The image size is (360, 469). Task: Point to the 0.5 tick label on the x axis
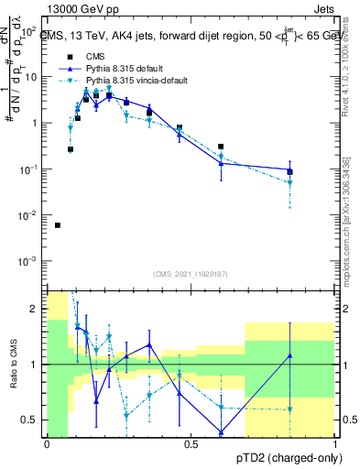point(191,444)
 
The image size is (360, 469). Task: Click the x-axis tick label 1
point(336,444)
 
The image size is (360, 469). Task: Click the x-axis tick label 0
point(47,444)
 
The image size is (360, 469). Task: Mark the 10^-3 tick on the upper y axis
point(31,262)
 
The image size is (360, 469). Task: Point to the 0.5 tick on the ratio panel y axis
point(33,420)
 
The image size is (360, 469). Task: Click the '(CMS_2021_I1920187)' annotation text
point(191,274)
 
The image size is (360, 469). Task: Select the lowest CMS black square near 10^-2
point(58,225)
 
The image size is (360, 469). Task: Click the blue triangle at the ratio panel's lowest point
point(221,432)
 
